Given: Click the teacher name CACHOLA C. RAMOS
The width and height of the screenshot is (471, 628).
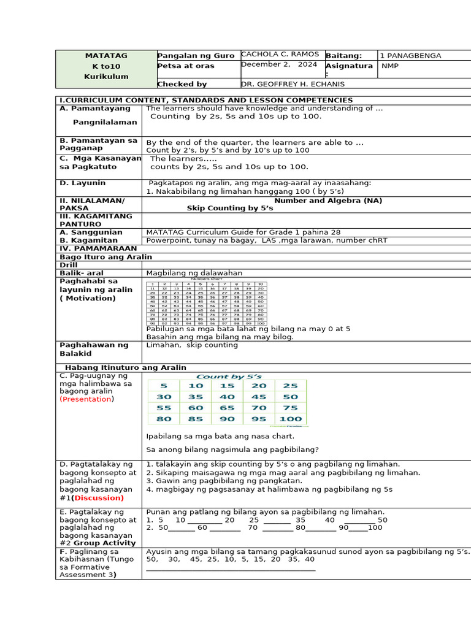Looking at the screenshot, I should click(x=280, y=55).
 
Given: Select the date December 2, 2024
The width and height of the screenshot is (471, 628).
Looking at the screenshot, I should click(x=279, y=64).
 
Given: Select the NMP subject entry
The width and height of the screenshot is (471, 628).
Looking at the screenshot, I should click(x=390, y=65).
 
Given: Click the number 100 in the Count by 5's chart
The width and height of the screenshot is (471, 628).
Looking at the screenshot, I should click(x=291, y=419).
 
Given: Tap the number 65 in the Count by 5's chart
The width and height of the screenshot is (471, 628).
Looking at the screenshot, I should click(x=227, y=408).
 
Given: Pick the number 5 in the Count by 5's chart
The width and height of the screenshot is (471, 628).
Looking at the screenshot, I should click(x=163, y=386).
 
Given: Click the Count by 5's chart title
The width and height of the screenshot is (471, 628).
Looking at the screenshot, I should click(x=229, y=376).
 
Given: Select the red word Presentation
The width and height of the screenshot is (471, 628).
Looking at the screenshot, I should click(x=86, y=399).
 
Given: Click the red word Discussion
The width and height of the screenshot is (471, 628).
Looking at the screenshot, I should click(x=98, y=498).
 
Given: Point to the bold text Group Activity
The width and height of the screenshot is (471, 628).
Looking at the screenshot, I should click(x=102, y=543).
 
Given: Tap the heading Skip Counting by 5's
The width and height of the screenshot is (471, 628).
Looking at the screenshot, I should click(x=230, y=209).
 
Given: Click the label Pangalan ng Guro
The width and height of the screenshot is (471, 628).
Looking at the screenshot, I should click(x=196, y=56).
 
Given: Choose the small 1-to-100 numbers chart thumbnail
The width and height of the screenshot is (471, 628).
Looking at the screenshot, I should click(x=207, y=303).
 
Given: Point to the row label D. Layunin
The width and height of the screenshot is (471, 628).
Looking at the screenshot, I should click(x=82, y=183).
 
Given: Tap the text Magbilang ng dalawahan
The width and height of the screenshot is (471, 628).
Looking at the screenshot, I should click(x=194, y=273).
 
